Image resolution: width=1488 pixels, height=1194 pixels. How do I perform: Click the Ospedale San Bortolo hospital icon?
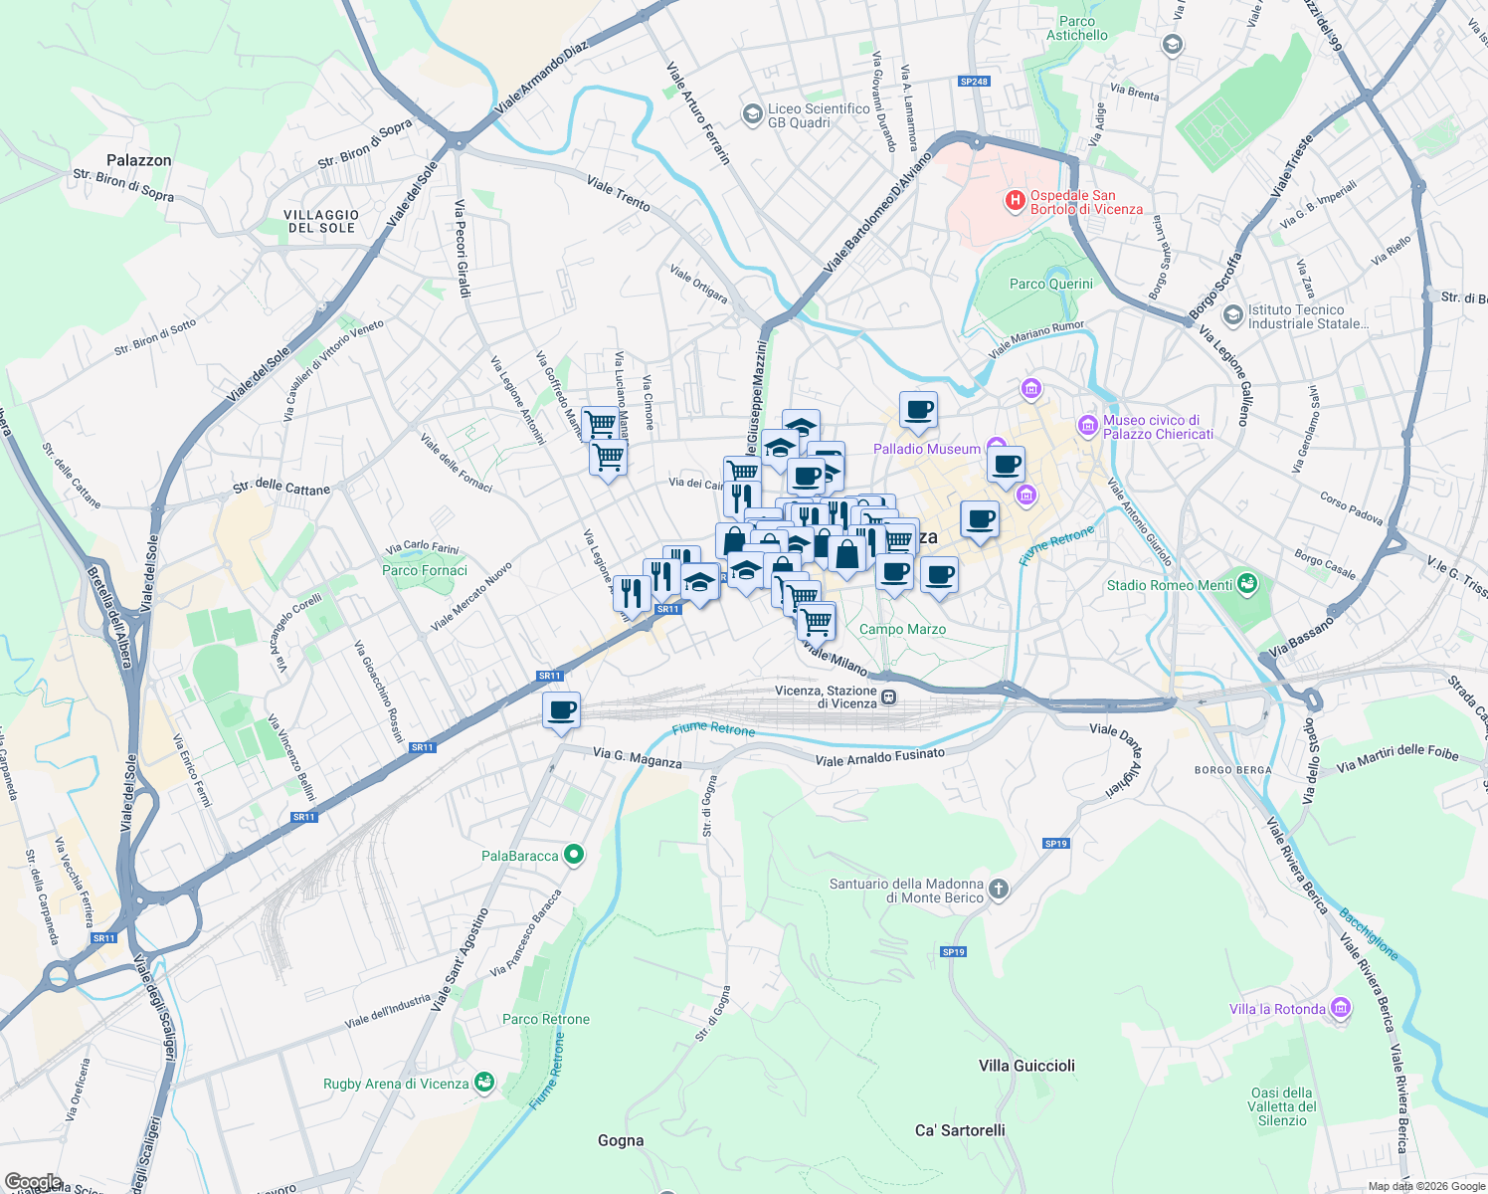click(x=1015, y=202)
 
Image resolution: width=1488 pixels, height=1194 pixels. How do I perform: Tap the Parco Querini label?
click(x=1050, y=284)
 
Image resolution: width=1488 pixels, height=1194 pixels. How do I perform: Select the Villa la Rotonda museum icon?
click(x=1341, y=1009)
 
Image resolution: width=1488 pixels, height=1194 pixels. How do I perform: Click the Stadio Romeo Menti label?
click(x=1170, y=585)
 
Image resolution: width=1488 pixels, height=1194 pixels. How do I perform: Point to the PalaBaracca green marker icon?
click(x=573, y=855)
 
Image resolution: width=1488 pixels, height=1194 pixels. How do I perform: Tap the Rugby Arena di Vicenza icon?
click(x=484, y=1083)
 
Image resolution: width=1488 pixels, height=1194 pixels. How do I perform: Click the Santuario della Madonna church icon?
click(x=1000, y=890)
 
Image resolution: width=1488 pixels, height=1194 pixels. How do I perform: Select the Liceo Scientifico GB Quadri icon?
click(x=753, y=115)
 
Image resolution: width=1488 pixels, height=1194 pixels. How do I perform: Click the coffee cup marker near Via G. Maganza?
click(x=562, y=711)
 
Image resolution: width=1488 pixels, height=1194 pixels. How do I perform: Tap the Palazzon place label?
click(x=139, y=160)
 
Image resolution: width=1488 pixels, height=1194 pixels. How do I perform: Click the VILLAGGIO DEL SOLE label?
click(x=321, y=221)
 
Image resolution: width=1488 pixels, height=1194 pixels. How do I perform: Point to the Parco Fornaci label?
click(x=425, y=570)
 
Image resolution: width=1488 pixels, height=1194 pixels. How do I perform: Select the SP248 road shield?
click(x=974, y=82)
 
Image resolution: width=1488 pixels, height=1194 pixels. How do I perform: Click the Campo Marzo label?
click(x=902, y=629)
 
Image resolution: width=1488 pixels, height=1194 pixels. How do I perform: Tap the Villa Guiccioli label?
click(x=1026, y=1066)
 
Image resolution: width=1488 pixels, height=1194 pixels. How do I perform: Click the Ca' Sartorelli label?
click(x=960, y=1130)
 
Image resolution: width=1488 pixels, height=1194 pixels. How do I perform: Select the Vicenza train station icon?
click(x=888, y=697)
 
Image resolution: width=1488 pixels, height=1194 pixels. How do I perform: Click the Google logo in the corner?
click(x=32, y=1182)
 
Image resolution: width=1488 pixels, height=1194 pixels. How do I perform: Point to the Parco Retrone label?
click(x=546, y=1019)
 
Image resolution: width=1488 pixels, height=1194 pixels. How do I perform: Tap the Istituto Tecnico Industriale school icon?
click(x=1233, y=315)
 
